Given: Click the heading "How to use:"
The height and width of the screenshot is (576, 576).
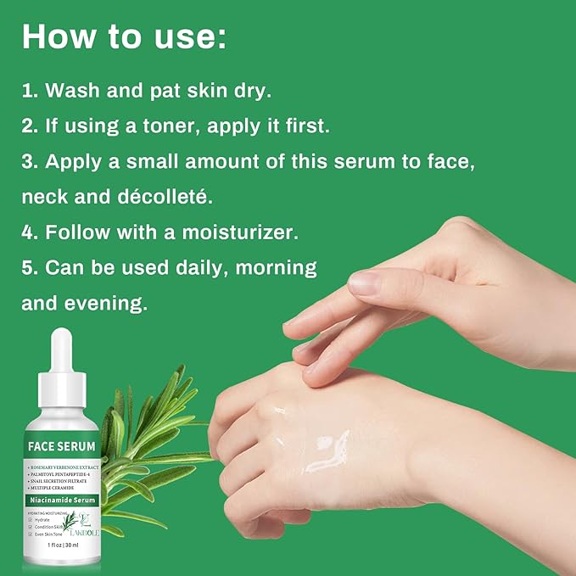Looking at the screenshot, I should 124,36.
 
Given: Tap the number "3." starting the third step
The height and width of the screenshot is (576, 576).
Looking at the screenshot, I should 30,161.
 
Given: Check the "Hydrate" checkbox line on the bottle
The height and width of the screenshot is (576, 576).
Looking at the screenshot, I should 42,519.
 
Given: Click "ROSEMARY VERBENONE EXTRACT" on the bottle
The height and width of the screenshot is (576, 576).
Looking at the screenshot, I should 64,466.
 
